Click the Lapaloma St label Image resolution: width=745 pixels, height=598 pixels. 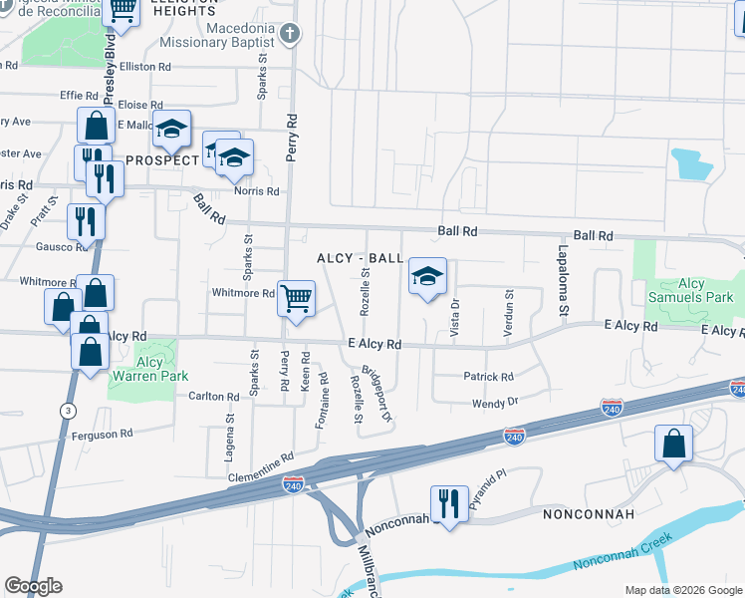563,282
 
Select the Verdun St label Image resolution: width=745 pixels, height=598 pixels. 509,313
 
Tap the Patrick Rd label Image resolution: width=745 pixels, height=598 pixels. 488,377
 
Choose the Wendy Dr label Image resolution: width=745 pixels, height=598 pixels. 495,403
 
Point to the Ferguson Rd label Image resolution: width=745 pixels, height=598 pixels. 100,435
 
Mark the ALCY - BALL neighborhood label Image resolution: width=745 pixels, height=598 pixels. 360,258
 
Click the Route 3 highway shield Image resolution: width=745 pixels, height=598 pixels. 67,410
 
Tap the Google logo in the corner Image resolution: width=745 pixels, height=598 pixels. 33,586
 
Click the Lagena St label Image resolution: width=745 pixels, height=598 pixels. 230,436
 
